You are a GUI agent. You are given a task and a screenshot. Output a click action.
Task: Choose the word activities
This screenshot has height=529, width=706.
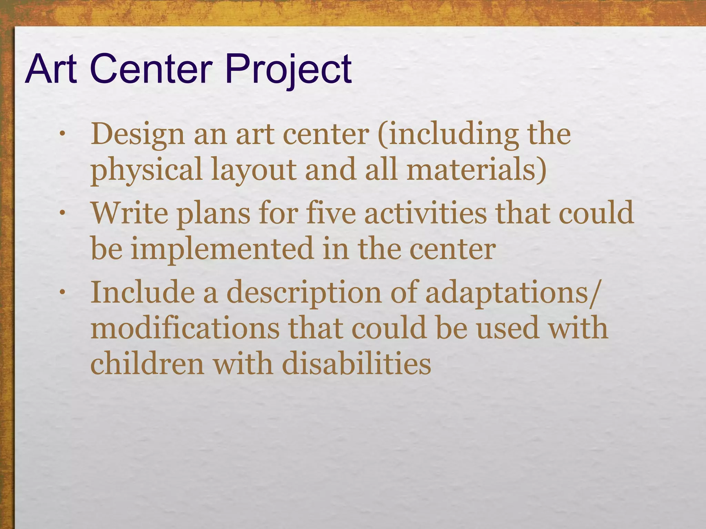425,213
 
